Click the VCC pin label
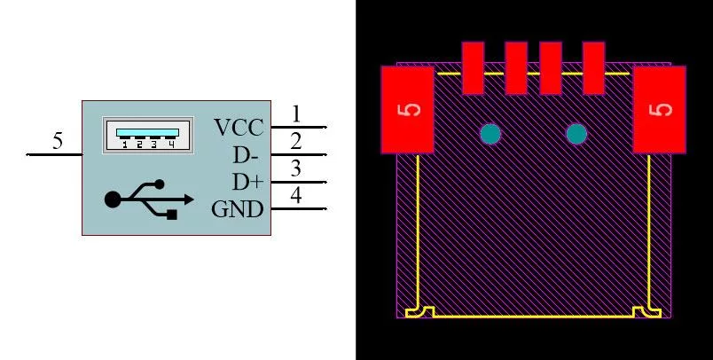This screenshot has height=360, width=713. click(x=239, y=128)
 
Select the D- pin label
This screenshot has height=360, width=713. click(x=246, y=155)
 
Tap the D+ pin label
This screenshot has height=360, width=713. click(x=247, y=183)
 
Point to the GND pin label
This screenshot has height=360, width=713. click(x=238, y=209)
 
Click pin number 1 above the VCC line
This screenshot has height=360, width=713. click(x=296, y=114)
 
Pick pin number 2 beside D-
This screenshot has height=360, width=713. click(x=295, y=141)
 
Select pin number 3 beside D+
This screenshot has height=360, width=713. click(x=295, y=168)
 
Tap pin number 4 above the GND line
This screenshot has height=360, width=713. click(x=295, y=196)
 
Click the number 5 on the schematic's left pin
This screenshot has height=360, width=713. click(x=58, y=141)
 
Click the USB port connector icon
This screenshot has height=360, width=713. click(x=148, y=135)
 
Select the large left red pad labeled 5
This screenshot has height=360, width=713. click(x=407, y=110)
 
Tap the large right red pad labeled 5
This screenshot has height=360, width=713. click(x=659, y=110)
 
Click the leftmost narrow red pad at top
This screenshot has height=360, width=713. click(x=473, y=68)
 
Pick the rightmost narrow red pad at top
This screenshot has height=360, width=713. click(x=593, y=68)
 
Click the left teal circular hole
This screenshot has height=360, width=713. click(x=490, y=134)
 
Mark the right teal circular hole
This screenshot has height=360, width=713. click(x=576, y=134)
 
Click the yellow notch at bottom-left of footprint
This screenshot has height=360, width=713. click(x=419, y=312)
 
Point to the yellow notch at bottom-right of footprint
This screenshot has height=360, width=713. click(x=647, y=312)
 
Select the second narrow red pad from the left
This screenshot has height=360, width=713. click(x=516, y=68)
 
